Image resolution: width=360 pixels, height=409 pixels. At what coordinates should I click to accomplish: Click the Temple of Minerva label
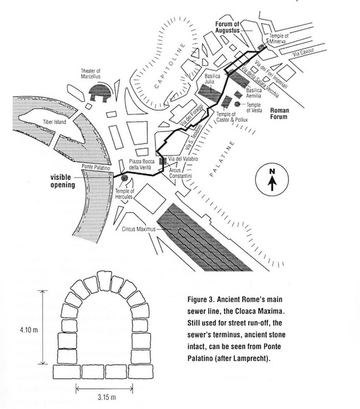(x=279, y=39)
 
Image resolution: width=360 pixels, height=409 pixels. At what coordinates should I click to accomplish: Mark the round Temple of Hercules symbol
(x=124, y=178)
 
